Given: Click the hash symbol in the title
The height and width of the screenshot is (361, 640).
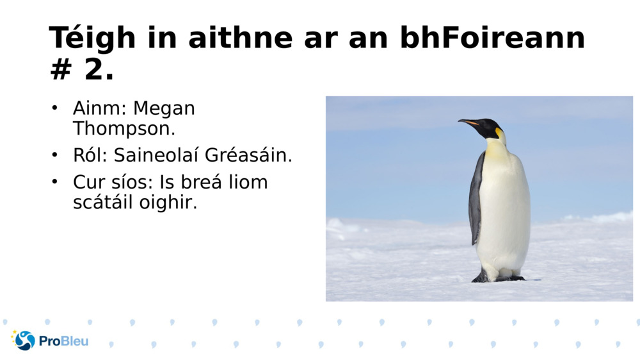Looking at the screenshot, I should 61,70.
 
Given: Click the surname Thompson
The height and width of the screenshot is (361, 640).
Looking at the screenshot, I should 124,128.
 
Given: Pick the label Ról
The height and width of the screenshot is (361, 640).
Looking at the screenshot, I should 90,155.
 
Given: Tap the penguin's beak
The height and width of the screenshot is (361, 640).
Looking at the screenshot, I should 469,122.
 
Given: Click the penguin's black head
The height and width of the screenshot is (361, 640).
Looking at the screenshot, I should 490,127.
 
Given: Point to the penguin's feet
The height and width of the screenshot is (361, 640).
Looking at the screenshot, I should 499,278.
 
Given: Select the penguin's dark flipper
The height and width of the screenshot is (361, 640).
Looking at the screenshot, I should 476,199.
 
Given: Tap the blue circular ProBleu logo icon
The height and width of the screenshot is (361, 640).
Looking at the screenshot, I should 24,340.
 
